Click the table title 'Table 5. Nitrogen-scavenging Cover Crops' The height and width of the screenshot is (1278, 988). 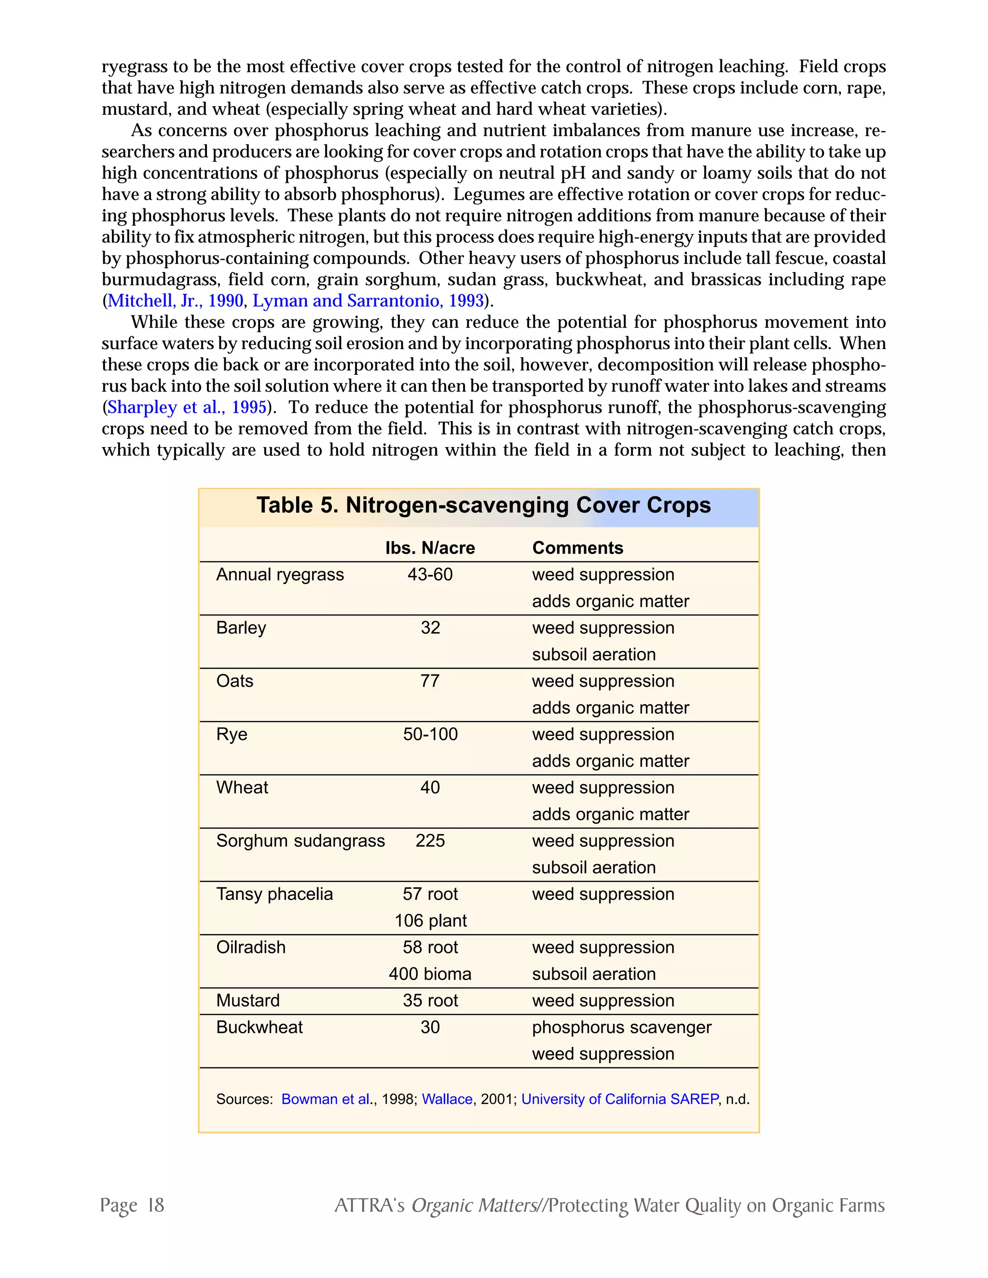tap(483, 505)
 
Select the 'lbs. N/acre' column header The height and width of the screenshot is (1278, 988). tap(430, 548)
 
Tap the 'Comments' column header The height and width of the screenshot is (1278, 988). tap(577, 548)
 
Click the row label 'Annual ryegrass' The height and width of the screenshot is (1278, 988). tap(280, 575)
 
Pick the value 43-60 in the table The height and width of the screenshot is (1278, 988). tap(430, 575)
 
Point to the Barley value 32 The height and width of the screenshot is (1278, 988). tap(430, 628)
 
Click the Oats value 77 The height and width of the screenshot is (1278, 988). tap(430, 681)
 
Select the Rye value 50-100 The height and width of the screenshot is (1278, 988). tap(430, 734)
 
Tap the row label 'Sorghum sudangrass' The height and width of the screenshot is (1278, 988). tap(300, 841)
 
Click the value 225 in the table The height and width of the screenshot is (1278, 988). tap(430, 841)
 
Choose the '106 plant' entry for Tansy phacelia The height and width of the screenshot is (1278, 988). tap(430, 921)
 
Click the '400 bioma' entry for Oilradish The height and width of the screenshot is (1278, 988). tap(430, 974)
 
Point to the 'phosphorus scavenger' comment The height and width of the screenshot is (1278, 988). tap(621, 1028)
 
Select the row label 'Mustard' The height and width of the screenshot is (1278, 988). tap(247, 1001)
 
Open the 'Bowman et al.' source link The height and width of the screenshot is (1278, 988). tap(327, 1100)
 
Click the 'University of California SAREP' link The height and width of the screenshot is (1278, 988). tap(619, 1100)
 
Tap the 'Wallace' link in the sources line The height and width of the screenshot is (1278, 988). tap(447, 1100)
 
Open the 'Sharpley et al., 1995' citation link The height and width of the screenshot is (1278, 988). tap(187, 408)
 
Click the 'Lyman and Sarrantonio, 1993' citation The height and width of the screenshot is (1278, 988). tap(368, 301)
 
